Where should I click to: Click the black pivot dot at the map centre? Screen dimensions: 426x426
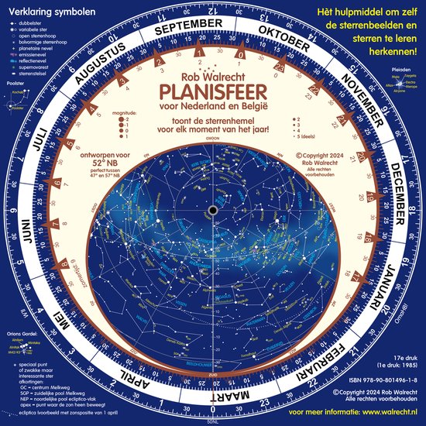coord(211,211)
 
